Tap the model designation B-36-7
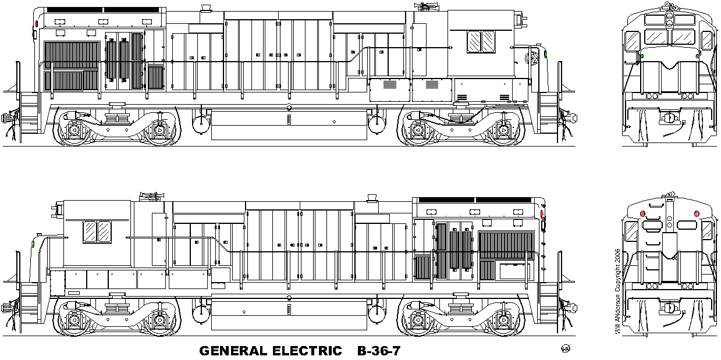point(379,351)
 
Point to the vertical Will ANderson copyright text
point(617,291)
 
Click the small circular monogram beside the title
point(566,348)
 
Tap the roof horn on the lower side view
point(152,195)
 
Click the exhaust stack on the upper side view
point(205,8)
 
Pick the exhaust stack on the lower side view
point(372,198)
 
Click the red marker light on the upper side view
point(36,24)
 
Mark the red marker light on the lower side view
point(542,213)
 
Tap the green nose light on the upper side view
point(546,54)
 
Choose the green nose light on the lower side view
point(33,244)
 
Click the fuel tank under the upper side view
point(289,125)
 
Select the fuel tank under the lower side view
point(289,315)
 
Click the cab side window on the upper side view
point(481,41)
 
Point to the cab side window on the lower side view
point(97,231)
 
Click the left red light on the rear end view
point(642,213)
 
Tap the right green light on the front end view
point(698,56)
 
